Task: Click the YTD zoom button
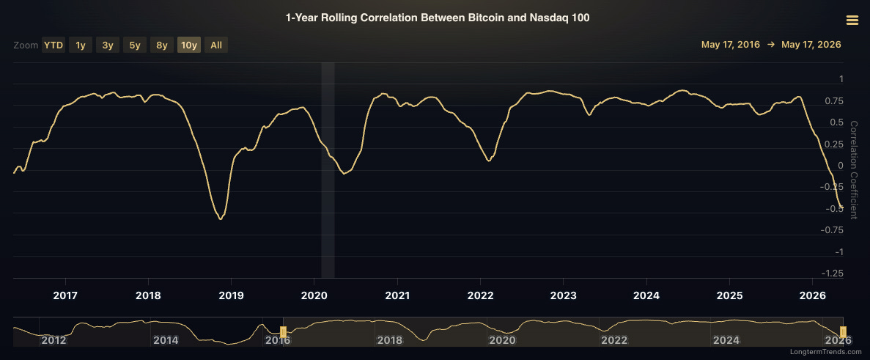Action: pyautogui.click(x=54, y=45)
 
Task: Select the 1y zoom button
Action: pyautogui.click(x=81, y=45)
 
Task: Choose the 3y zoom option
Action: pyautogui.click(x=108, y=45)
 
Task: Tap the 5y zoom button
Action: pyautogui.click(x=135, y=45)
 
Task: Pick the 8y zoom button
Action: pyautogui.click(x=162, y=45)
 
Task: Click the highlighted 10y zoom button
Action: pyautogui.click(x=189, y=45)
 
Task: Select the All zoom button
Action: pyautogui.click(x=216, y=45)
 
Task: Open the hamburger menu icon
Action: pyautogui.click(x=852, y=21)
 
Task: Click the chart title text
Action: pyautogui.click(x=438, y=18)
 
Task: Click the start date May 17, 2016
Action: pyautogui.click(x=730, y=45)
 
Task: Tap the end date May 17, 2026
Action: pyautogui.click(x=811, y=45)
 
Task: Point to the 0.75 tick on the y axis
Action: pyautogui.click(x=833, y=101)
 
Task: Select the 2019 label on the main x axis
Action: pyautogui.click(x=231, y=295)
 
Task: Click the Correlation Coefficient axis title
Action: pyautogui.click(x=853, y=169)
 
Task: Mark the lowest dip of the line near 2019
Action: pyautogui.click(x=221, y=219)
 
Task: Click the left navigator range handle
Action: pyautogui.click(x=283, y=331)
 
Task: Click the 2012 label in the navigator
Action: pyautogui.click(x=54, y=340)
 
